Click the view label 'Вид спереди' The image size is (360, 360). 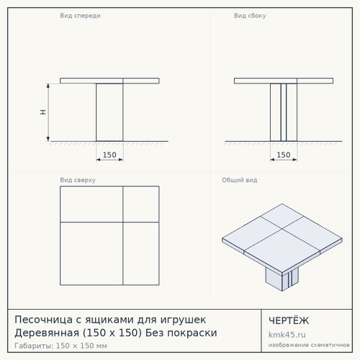(80, 16)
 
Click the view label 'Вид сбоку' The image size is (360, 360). (250, 16)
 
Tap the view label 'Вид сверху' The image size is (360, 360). (78, 180)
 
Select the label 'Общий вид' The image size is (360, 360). (240, 180)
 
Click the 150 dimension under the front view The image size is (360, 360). (109, 155)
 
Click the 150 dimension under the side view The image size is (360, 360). (284, 155)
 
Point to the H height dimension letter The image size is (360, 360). (43, 112)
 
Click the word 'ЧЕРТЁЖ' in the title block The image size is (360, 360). (289, 320)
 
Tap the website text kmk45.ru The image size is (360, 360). (287, 335)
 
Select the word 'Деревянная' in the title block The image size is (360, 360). (47, 333)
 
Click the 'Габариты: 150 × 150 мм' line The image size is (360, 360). (60, 346)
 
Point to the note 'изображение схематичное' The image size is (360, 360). (309, 345)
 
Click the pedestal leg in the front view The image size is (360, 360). (109, 112)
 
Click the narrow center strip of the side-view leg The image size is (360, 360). (284, 112)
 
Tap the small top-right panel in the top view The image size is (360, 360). (141, 204)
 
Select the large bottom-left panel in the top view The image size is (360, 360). (91, 253)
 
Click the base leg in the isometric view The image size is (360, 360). (282, 279)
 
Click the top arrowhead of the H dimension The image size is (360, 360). (48, 86)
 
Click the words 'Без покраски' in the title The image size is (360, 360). (181, 333)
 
